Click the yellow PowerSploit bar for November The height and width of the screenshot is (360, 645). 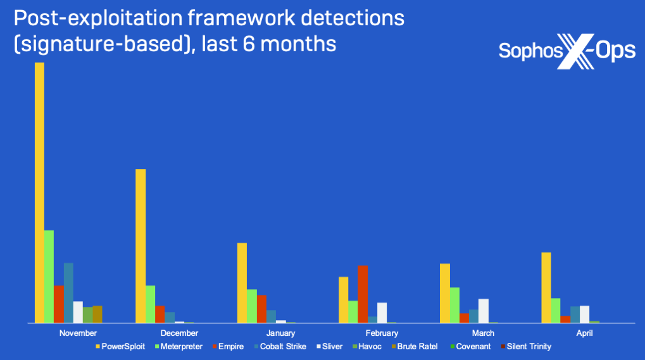pyautogui.click(x=39, y=193)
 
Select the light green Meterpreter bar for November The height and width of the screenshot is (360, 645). pyautogui.click(x=49, y=276)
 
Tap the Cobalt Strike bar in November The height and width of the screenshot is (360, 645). pyautogui.click(x=68, y=293)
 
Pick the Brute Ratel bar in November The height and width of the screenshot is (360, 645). pyautogui.click(x=97, y=314)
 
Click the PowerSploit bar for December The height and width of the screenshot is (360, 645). pyautogui.click(x=141, y=246)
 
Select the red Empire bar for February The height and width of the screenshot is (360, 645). pyautogui.click(x=363, y=294)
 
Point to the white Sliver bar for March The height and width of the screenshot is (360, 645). pyautogui.click(x=484, y=311)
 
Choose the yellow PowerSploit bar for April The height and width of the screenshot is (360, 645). pyautogui.click(x=546, y=288)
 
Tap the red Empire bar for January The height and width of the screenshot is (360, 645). pyautogui.click(x=261, y=309)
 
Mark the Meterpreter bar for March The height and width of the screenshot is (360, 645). pyautogui.click(x=454, y=306)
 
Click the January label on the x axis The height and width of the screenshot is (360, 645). pyautogui.click(x=280, y=333)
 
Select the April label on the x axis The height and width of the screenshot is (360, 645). pyautogui.click(x=584, y=333)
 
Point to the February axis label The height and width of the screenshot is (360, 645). pyautogui.click(x=382, y=333)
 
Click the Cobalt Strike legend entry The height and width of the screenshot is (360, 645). pyautogui.click(x=280, y=347)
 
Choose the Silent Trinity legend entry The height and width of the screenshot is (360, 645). pyautogui.click(x=526, y=347)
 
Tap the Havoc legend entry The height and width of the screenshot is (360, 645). pyautogui.click(x=367, y=347)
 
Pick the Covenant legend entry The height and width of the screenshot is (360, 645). pyautogui.click(x=470, y=347)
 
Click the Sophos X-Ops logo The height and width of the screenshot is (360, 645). pyautogui.click(x=567, y=51)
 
